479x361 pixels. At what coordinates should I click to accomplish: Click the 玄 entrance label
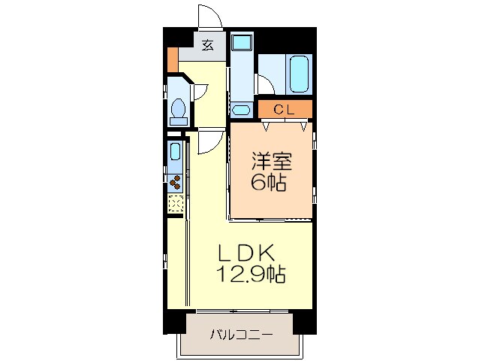pyautogui.click(x=207, y=44)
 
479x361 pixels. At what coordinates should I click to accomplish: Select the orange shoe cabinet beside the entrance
pyautogui.click(x=173, y=58)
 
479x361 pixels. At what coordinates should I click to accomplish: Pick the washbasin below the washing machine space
pyautogui.click(x=241, y=110)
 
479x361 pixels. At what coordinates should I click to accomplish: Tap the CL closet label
pyautogui.click(x=283, y=110)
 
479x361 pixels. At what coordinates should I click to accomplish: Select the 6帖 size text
pyautogui.click(x=269, y=182)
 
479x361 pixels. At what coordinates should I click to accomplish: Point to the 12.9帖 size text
pyautogui.click(x=251, y=275)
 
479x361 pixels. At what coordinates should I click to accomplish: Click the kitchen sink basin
pyautogui.click(x=175, y=150)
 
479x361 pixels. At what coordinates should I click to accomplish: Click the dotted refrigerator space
pyautogui.click(x=175, y=203)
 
